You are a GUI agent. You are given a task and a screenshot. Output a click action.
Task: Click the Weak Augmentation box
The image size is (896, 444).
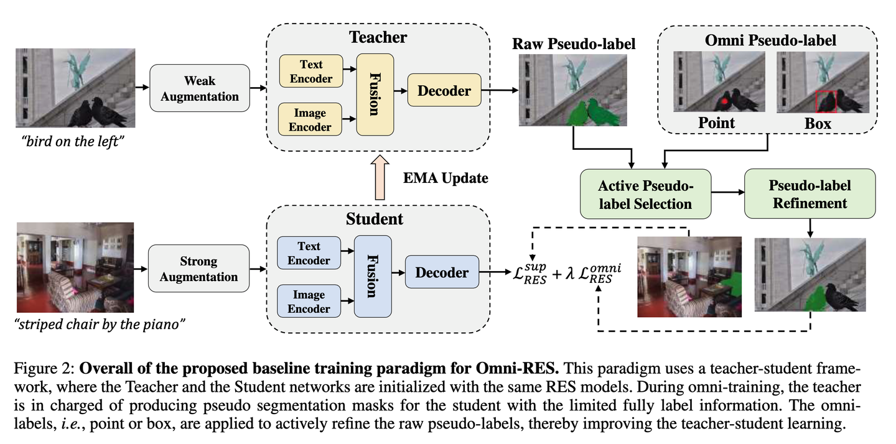[199, 89]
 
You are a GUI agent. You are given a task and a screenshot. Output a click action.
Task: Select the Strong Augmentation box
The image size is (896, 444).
[198, 269]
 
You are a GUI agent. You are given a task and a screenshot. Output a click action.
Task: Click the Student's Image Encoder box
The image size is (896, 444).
[309, 301]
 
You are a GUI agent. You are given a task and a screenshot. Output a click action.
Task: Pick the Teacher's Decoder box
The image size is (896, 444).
[444, 91]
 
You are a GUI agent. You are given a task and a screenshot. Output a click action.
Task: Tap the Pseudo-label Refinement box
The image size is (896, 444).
[810, 194]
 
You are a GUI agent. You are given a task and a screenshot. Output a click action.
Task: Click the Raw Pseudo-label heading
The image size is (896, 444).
[573, 44]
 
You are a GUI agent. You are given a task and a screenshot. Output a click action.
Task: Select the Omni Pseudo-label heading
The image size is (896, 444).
[770, 41]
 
